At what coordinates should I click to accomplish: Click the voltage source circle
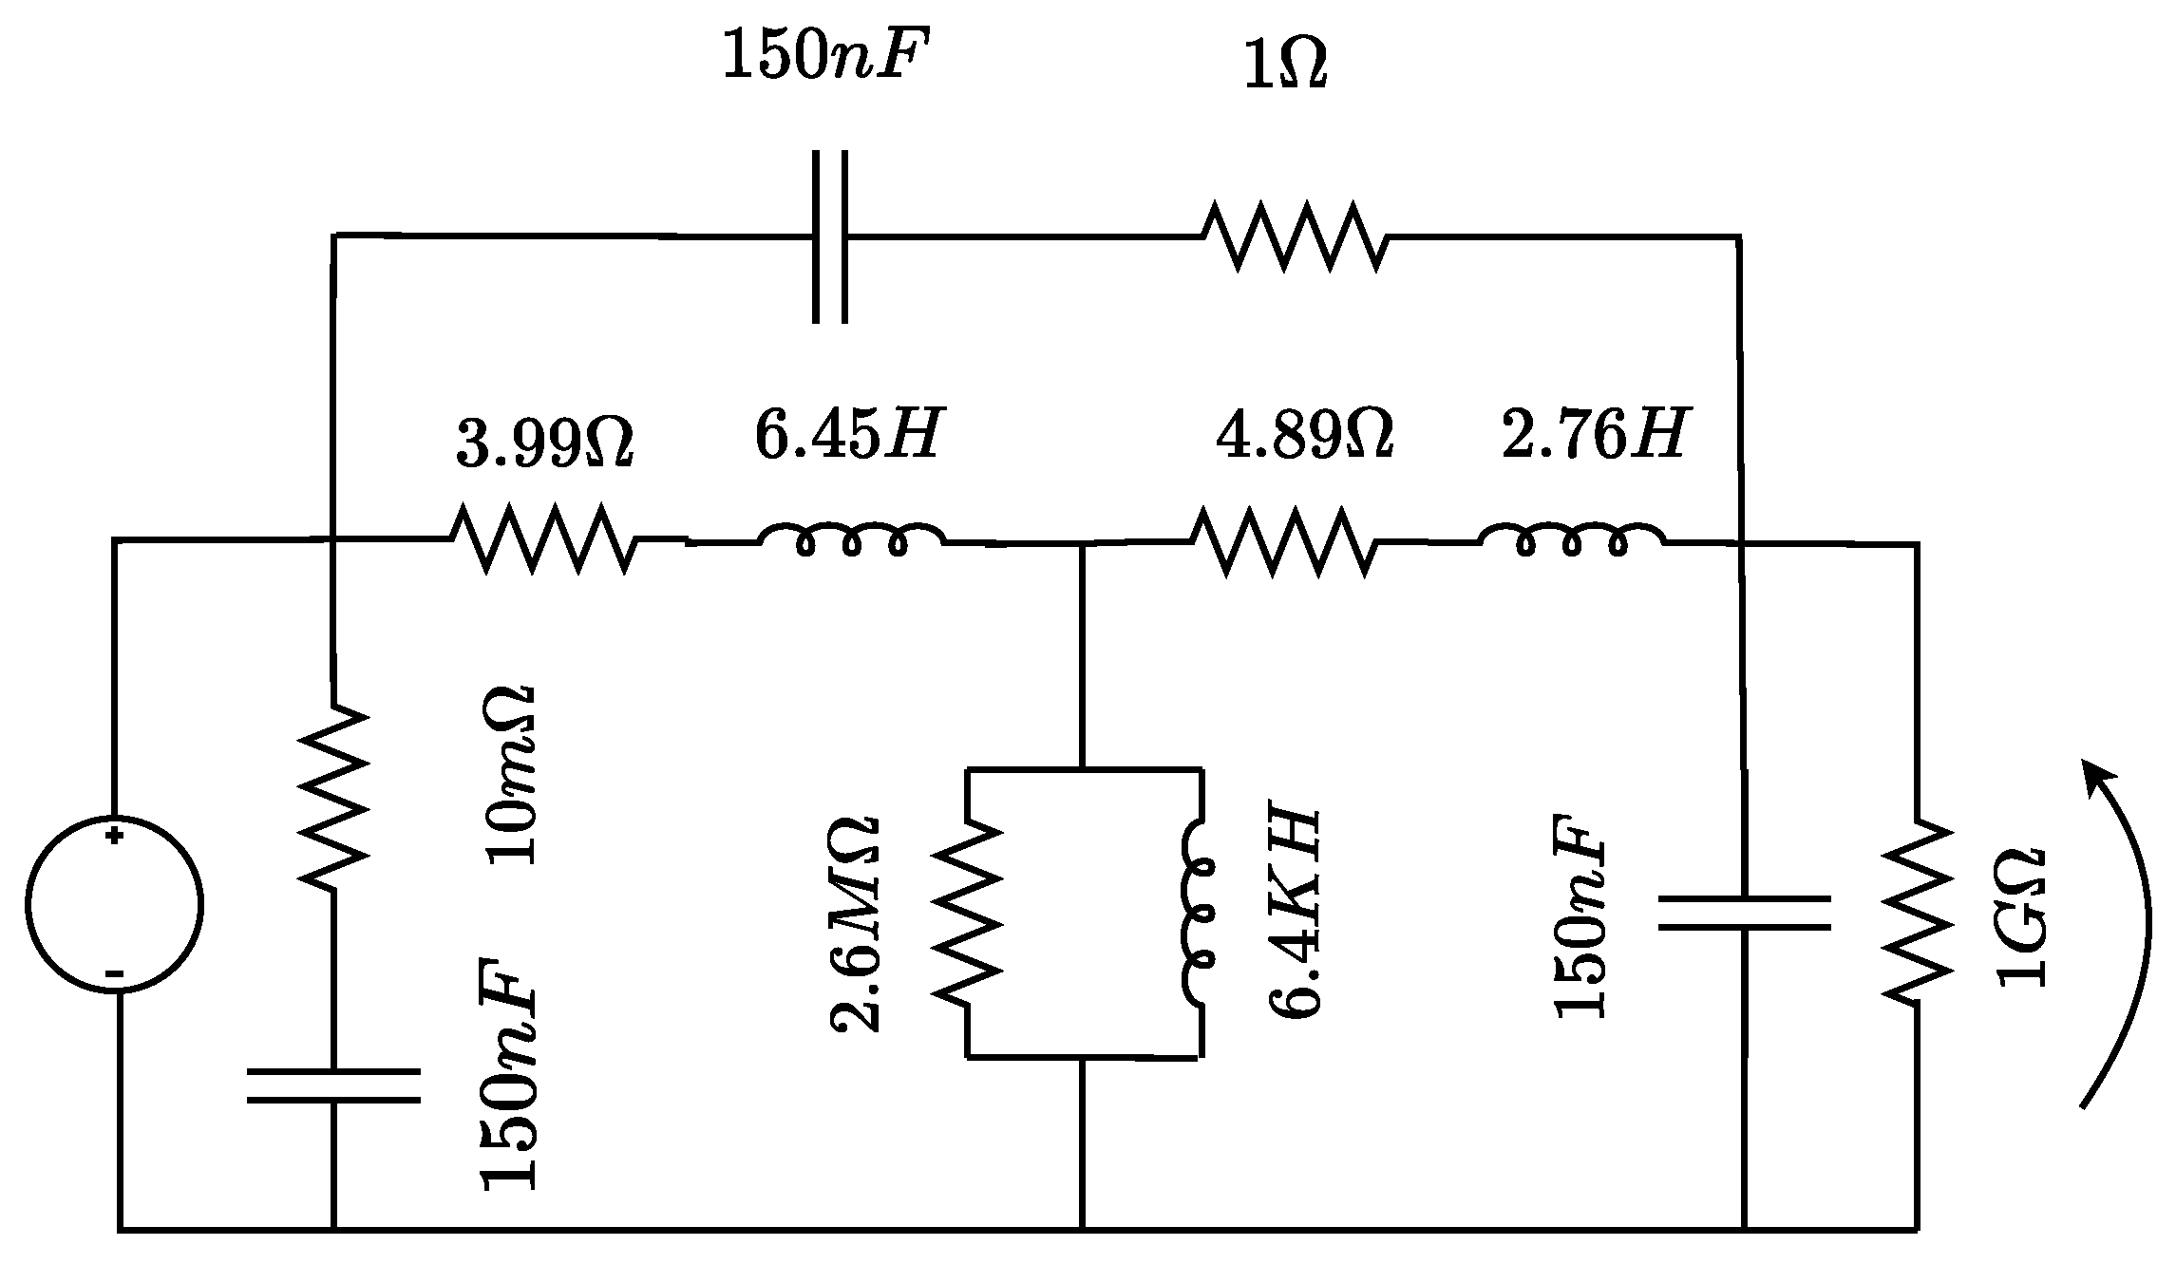click(x=114, y=904)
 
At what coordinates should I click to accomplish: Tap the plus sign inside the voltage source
click(x=114, y=837)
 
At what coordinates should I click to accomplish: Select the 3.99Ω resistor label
click(x=544, y=443)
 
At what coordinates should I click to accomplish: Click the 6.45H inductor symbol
click(x=851, y=539)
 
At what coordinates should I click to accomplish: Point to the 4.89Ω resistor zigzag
click(x=1282, y=541)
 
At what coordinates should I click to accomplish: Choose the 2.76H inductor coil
click(x=1572, y=539)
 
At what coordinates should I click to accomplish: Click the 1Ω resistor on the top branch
click(x=1295, y=236)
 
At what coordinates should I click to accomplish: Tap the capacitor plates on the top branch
click(x=829, y=236)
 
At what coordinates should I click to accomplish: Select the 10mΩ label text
click(x=513, y=774)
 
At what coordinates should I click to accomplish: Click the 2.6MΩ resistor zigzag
click(x=967, y=912)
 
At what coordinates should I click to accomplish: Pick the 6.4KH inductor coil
click(x=1199, y=912)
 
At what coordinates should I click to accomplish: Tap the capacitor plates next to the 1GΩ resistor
click(x=1744, y=913)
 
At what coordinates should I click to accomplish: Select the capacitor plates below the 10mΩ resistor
click(x=333, y=1085)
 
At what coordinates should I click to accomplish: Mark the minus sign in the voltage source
click(x=114, y=973)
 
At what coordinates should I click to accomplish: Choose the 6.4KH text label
click(x=1296, y=915)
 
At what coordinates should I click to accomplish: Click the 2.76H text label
click(x=1594, y=435)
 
